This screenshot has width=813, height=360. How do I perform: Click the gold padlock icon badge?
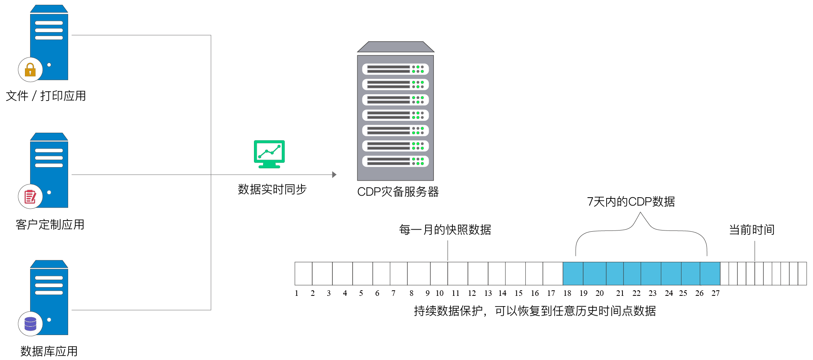click(x=30, y=70)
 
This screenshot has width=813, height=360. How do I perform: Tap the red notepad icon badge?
click(x=30, y=196)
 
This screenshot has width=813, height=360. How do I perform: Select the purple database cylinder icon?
click(x=30, y=324)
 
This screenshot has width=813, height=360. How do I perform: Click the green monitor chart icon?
click(x=269, y=154)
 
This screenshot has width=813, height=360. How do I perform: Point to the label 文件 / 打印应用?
click(x=46, y=96)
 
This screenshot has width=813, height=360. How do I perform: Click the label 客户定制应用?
click(x=50, y=225)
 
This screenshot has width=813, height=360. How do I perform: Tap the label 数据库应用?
click(x=49, y=351)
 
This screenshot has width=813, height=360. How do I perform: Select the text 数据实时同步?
click(x=272, y=189)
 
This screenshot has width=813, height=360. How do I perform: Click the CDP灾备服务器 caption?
click(x=398, y=192)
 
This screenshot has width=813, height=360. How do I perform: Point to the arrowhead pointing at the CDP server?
click(x=334, y=175)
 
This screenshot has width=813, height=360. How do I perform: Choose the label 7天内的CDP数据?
click(x=631, y=202)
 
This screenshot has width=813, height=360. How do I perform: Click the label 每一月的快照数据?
click(x=445, y=230)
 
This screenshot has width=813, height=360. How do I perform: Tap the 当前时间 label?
click(x=752, y=230)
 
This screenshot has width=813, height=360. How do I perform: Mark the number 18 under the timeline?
click(x=567, y=293)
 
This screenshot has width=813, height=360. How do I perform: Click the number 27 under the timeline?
click(x=716, y=293)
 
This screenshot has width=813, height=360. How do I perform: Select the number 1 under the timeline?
click(x=296, y=293)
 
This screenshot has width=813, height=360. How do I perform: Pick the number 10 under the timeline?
click(x=440, y=293)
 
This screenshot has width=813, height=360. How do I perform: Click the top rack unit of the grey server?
click(x=395, y=69)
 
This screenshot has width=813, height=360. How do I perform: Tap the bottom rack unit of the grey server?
click(x=395, y=161)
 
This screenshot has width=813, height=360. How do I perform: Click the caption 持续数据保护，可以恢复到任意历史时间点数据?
click(x=535, y=311)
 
